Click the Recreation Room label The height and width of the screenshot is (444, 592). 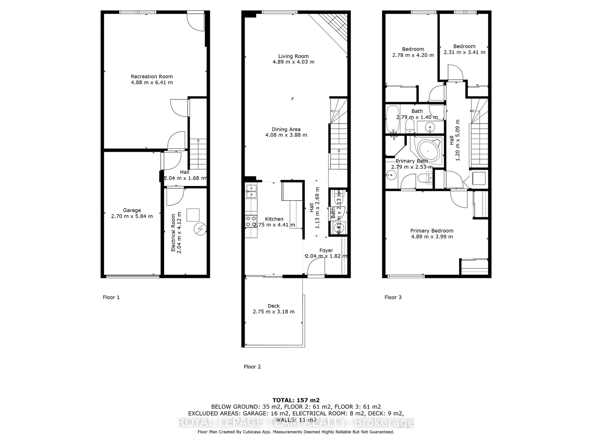[x=152, y=76]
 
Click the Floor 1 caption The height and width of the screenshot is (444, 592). [x=111, y=297]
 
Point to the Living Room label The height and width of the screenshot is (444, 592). [x=293, y=56]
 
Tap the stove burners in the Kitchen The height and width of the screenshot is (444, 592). [x=251, y=221]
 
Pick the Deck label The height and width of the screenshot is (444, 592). [x=273, y=306]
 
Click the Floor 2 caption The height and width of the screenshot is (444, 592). [x=252, y=367]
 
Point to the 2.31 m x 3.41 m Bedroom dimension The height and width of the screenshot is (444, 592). [x=464, y=52]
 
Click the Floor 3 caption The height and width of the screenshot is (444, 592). [x=393, y=297]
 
